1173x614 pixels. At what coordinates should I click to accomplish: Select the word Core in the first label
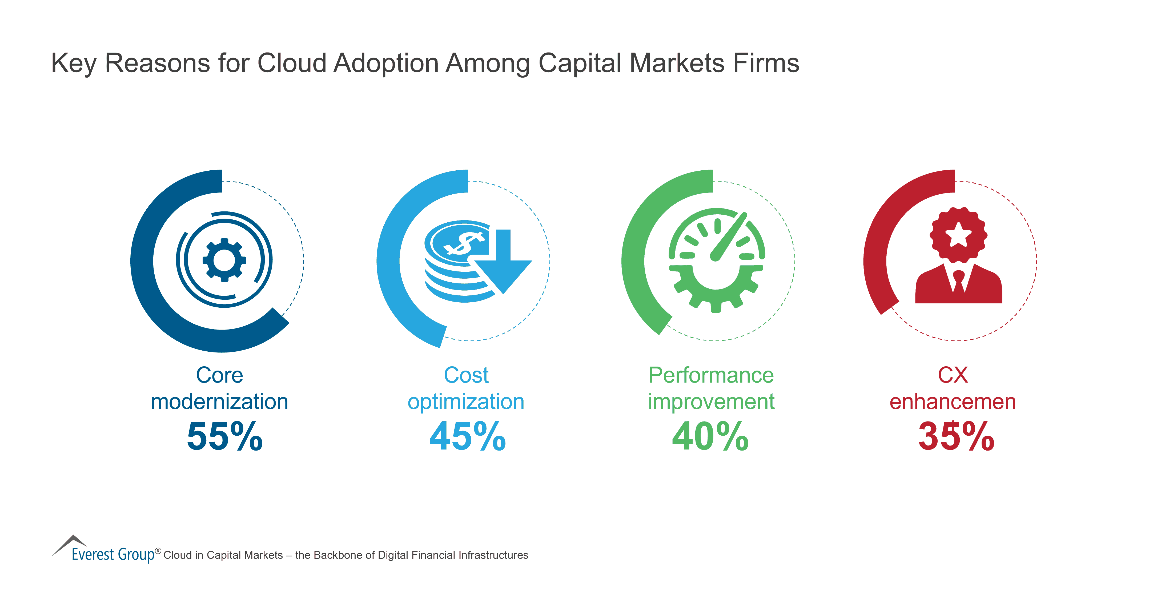click(x=219, y=375)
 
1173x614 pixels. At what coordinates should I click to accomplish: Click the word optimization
click(x=466, y=402)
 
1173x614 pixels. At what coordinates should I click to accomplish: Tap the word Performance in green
click(x=711, y=375)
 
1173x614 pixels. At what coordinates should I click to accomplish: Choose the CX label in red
click(x=953, y=375)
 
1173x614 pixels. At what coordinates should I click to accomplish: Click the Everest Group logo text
click(x=113, y=554)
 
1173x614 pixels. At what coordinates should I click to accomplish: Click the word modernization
click(x=219, y=402)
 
